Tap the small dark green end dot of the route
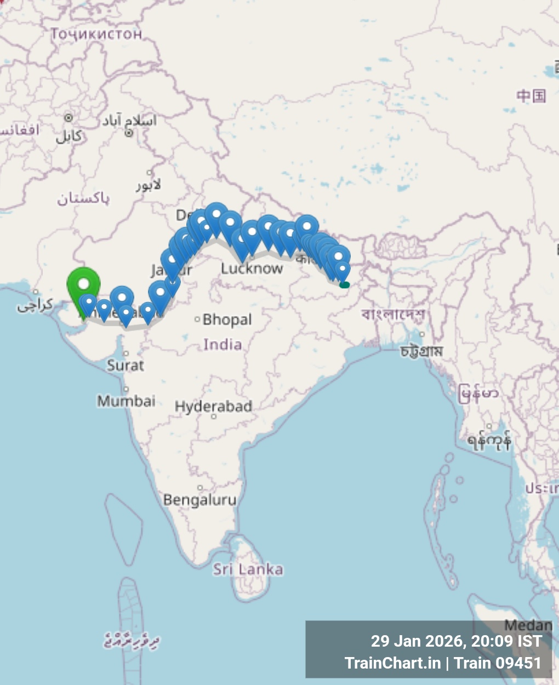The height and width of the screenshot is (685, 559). pyautogui.click(x=344, y=284)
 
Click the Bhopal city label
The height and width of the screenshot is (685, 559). pyautogui.click(x=227, y=319)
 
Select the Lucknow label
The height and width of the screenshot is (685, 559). pyautogui.click(x=252, y=269)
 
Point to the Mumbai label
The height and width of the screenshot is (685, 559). pyautogui.click(x=127, y=401)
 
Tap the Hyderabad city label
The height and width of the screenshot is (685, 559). pyautogui.click(x=213, y=407)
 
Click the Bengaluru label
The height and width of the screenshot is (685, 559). pyautogui.click(x=200, y=500)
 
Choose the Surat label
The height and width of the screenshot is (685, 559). pyautogui.click(x=126, y=366)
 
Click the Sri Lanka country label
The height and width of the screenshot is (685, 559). pyautogui.click(x=248, y=569)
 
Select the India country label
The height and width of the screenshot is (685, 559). pyautogui.click(x=223, y=345)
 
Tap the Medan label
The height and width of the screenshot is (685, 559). pyautogui.click(x=528, y=625)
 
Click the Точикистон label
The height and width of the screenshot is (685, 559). pyautogui.click(x=96, y=34)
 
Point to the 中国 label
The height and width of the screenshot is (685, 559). pyautogui.click(x=531, y=96)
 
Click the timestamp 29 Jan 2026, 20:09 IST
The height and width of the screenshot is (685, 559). pyautogui.click(x=456, y=641)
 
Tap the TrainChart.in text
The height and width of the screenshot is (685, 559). pyautogui.click(x=392, y=663)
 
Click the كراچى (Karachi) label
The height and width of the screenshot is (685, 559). pyautogui.click(x=35, y=305)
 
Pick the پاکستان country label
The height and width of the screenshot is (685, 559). pyautogui.click(x=83, y=198)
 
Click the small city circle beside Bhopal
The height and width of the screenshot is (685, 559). pyautogui.click(x=197, y=319)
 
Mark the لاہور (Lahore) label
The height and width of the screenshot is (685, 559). pyautogui.click(x=149, y=185)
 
